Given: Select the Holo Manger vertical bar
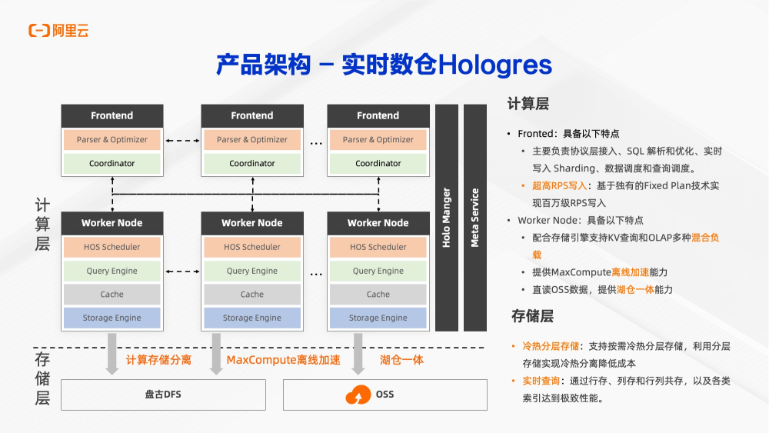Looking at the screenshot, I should coord(447,218).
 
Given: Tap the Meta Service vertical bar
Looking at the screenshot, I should coord(475,218).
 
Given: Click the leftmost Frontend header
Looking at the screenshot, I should coord(112,115).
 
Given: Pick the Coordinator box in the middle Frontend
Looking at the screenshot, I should coord(252,163).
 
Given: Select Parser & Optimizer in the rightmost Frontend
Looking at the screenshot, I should coord(378,140).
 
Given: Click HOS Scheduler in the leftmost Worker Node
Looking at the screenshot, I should coord(112,247).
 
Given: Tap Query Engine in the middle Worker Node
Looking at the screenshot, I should coord(252,271).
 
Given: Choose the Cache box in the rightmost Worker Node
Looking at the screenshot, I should coord(378,295).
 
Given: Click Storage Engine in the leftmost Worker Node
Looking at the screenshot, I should coord(112,318).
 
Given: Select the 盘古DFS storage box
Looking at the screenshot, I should coord(163,395).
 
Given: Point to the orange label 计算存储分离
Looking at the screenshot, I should coord(158,360).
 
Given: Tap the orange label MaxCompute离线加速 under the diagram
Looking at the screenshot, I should coord(283,360).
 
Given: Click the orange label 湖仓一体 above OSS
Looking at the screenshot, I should coord(401,360).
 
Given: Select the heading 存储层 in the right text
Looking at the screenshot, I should coord(532,316).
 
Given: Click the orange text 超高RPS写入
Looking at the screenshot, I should coord(559,186).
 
